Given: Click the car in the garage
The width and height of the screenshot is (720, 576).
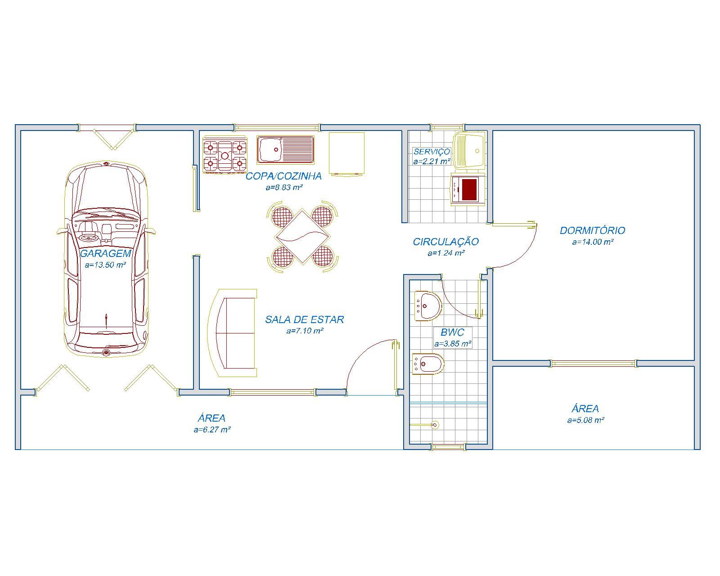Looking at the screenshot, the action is point(106,259).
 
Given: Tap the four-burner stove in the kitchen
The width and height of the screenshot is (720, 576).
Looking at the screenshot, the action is point(225,155).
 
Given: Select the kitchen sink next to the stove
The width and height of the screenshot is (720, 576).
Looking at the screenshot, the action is point(285,149).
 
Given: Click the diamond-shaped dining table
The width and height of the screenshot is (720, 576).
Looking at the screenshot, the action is point(302,237).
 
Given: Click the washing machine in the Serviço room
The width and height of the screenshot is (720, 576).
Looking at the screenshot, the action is point(468,189).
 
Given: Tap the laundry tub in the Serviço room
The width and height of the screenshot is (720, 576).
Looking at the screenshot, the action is point(469,150).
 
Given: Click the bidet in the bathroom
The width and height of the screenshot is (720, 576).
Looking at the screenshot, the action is point(428,364).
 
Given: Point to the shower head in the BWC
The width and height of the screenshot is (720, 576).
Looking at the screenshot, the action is point(435,425).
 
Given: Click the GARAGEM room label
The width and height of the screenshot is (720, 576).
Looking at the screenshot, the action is point(105,253).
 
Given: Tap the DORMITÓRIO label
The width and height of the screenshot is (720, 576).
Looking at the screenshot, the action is point(593,230).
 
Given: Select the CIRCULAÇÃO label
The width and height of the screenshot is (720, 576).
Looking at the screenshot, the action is point(445,242).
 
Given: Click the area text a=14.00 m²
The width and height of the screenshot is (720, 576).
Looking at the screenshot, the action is point(593,242).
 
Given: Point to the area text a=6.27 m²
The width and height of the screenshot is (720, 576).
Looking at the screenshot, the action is point(212,430).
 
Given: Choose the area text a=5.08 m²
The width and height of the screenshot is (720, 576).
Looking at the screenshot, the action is point(585,420).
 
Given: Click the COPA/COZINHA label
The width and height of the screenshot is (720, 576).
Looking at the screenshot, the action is point(283,176).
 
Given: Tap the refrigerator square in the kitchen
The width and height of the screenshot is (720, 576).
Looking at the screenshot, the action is point(346,153).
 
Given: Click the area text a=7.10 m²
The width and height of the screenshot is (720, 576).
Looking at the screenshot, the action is point(305,331).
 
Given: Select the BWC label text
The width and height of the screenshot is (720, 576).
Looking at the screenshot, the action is point(452,333).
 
